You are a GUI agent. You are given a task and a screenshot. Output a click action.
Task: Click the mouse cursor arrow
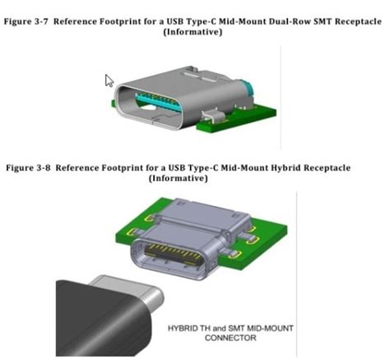tap(109, 81)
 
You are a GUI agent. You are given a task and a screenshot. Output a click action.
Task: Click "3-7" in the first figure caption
tap(42, 21)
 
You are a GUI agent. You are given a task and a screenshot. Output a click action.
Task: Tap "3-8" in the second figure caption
tap(43, 167)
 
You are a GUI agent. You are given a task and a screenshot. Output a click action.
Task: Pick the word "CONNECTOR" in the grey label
tap(230, 338)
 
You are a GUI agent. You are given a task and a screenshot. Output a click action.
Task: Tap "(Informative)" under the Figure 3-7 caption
tap(193, 32)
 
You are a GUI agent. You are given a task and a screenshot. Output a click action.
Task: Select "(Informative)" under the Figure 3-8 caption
tap(179, 178)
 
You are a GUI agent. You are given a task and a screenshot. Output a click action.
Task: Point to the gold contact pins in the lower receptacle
tap(174, 251)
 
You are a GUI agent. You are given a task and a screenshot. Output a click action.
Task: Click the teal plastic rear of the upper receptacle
tap(246, 88)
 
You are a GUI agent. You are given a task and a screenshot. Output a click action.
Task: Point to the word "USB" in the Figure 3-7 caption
tap(174, 21)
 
